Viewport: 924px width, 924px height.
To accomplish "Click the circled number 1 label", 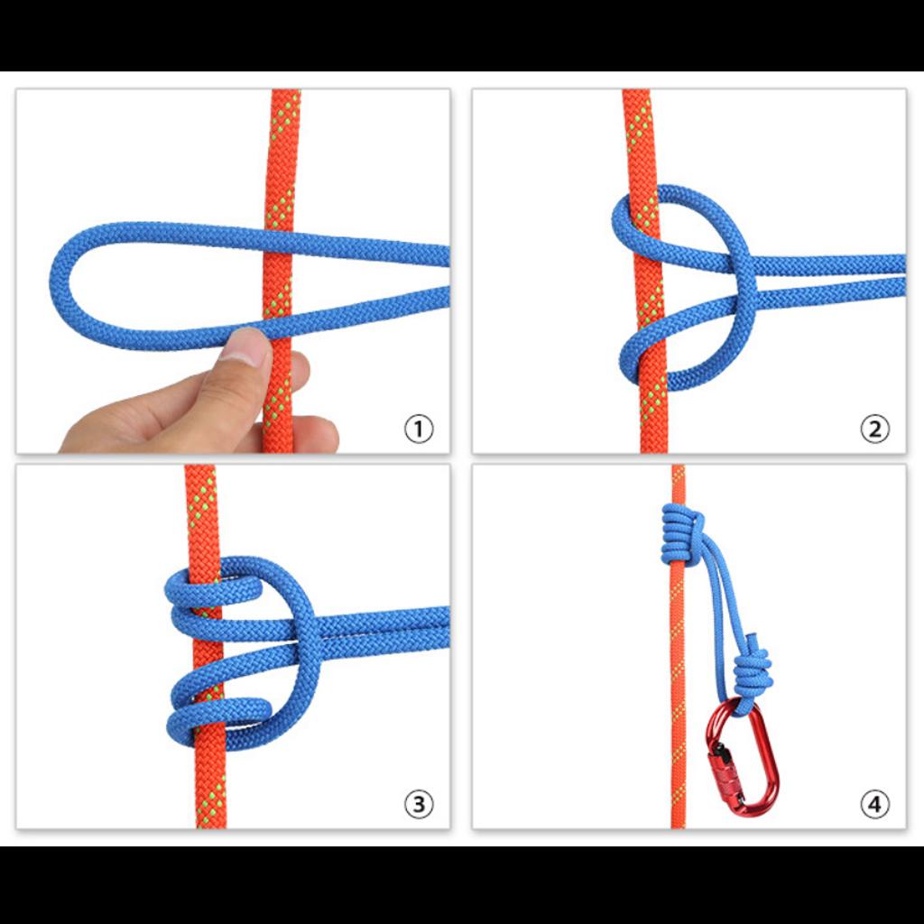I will pyautogui.click(x=418, y=430).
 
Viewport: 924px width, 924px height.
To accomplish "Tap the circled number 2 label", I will pyautogui.click(x=873, y=430).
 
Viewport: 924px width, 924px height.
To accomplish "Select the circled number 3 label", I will pyautogui.click(x=418, y=804).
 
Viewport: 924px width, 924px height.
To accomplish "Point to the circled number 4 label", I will pyautogui.click(x=873, y=804).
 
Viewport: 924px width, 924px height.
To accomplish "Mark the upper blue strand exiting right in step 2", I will pyautogui.click(x=830, y=264).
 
